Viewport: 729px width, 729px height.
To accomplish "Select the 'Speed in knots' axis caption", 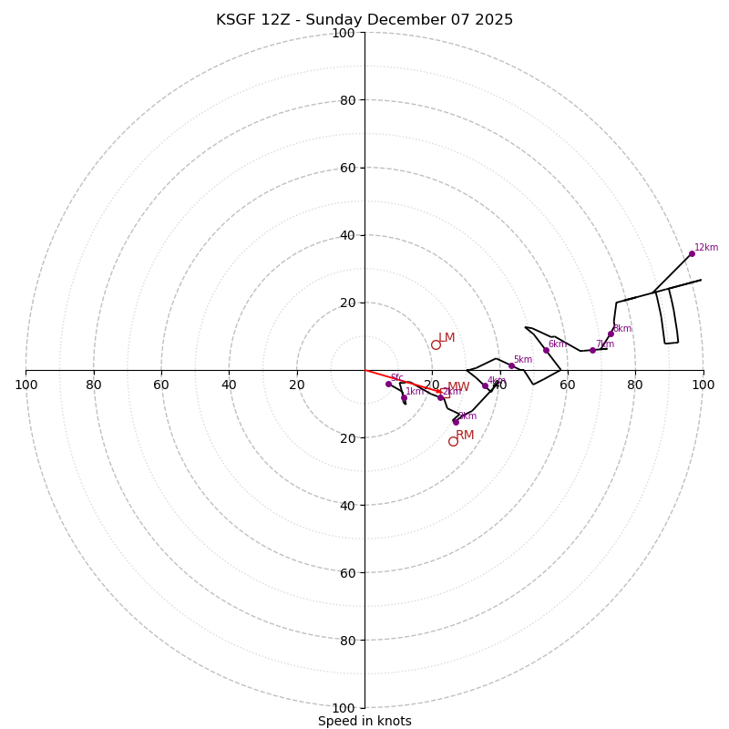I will click(x=364, y=721).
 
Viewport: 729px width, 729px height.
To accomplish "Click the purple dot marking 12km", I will click(x=692, y=253).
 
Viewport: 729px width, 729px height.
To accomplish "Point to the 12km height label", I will click(x=706, y=247).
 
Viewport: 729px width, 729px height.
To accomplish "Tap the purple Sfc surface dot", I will click(x=388, y=384).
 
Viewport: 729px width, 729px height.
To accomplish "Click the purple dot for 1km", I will click(x=404, y=397).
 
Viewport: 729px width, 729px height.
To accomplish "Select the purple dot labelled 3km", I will click(x=456, y=422).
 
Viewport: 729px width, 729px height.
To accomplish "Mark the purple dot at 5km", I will click(x=511, y=365).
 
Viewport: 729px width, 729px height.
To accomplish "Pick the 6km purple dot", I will click(x=546, y=350).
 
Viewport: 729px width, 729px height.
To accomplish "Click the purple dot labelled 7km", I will click(x=592, y=350).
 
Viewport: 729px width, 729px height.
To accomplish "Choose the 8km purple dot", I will click(x=611, y=334).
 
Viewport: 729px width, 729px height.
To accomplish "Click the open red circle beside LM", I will click(x=436, y=344).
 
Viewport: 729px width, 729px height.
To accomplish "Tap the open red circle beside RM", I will click(x=453, y=441).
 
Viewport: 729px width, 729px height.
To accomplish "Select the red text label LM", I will click(x=447, y=338).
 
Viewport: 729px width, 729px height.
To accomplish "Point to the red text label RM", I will click(x=465, y=435).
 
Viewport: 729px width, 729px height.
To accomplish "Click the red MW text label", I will click(x=458, y=387).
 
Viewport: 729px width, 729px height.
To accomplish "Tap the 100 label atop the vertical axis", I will click(x=344, y=33).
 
